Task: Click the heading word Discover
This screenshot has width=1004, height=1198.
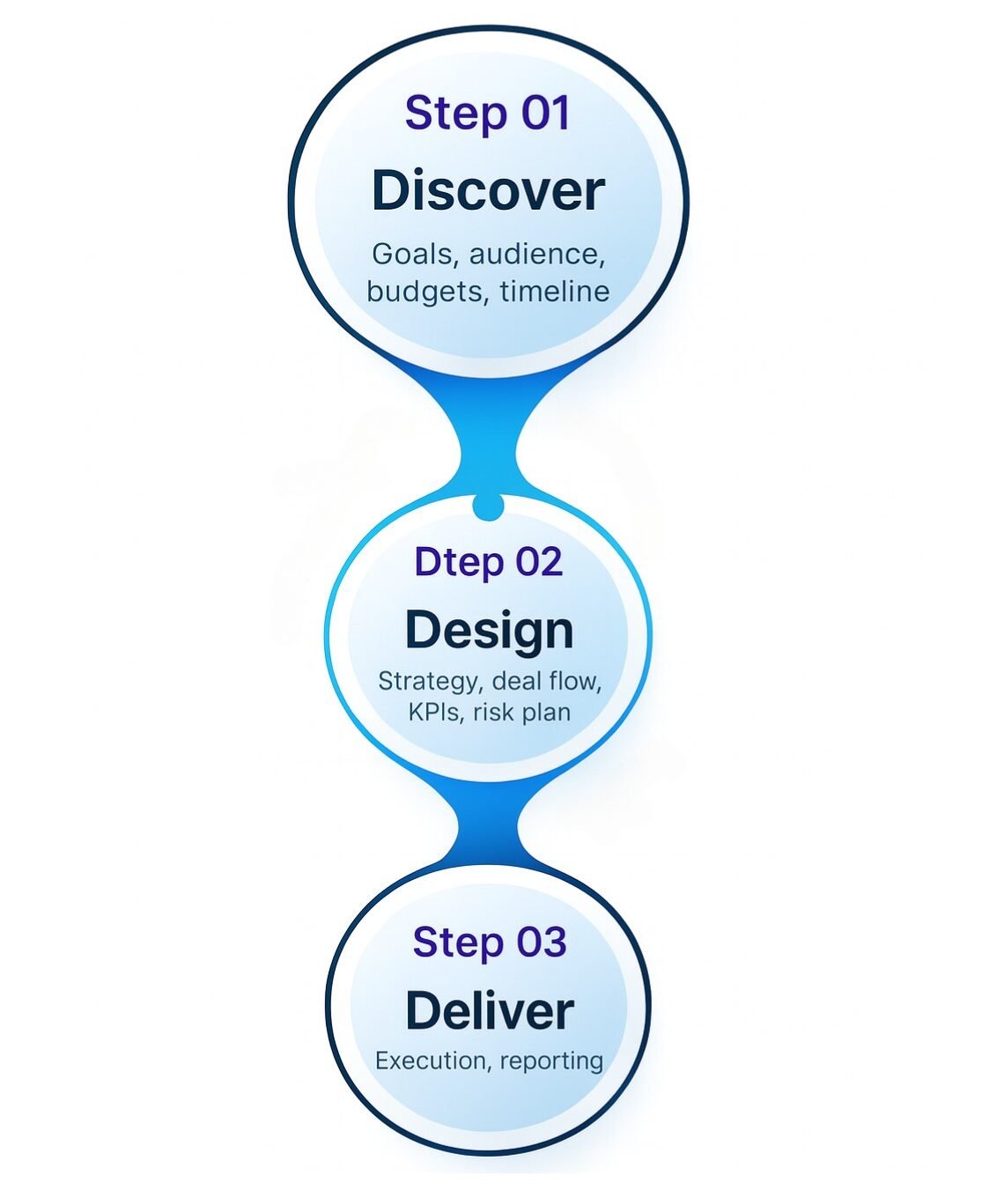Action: pos(488,190)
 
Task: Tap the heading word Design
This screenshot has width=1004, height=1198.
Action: pos(489,631)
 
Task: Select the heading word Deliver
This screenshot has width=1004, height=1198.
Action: pos(489,1010)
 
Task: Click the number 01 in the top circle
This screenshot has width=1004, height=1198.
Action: pos(545,114)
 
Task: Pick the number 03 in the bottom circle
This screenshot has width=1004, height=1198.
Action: pos(541,942)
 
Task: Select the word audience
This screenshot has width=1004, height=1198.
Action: pos(537,254)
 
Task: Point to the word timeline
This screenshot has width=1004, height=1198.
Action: pos(555,291)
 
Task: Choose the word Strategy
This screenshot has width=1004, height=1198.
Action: pos(429,681)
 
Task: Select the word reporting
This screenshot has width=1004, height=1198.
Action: pos(551,1061)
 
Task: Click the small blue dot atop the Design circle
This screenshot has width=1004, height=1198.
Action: pos(488,507)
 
